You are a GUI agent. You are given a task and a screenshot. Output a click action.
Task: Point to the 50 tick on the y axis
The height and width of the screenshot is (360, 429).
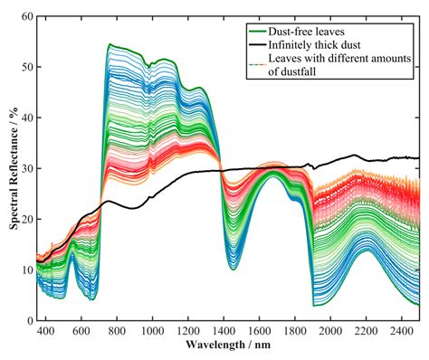click(x=24, y=68)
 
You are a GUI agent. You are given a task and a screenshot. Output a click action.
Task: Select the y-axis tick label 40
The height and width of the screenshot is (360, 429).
click(x=24, y=118)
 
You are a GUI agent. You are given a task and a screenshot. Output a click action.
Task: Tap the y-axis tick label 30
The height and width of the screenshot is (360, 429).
click(x=24, y=169)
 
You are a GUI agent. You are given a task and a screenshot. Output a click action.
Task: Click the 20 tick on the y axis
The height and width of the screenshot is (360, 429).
click(x=24, y=220)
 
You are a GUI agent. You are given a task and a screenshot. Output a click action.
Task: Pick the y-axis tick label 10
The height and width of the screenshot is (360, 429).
click(x=24, y=270)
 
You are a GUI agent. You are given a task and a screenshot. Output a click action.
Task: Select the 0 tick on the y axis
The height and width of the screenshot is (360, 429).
click(x=28, y=320)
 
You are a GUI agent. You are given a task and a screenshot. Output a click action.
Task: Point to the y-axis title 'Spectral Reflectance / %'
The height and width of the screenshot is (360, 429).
click(x=10, y=169)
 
